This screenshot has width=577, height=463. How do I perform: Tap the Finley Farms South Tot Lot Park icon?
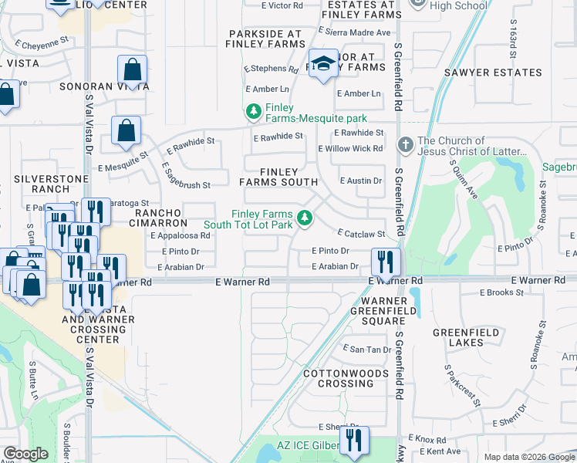point(305,219)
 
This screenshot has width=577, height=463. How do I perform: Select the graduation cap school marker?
point(324,64)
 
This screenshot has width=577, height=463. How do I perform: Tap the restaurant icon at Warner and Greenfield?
point(386,262)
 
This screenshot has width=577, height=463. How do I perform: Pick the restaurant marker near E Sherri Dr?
point(354,441)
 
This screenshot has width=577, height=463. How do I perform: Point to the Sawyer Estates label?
point(493,73)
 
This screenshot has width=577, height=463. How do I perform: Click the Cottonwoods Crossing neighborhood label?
point(339,378)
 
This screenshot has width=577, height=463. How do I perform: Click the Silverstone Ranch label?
point(41,184)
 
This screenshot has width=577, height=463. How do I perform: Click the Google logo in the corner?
point(25,453)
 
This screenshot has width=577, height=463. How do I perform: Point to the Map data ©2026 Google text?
point(528,457)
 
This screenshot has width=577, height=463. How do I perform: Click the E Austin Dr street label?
point(361,181)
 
